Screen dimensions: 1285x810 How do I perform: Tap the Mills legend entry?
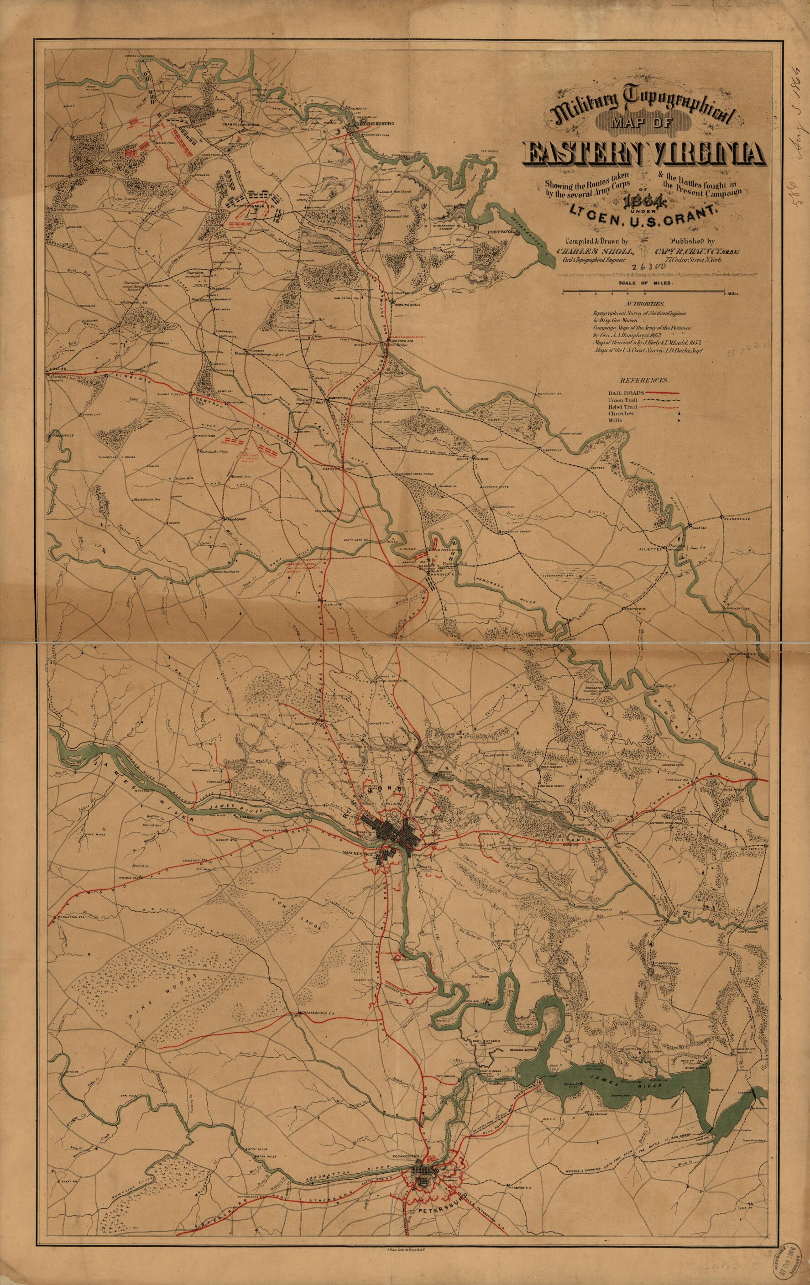pos(614,421)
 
